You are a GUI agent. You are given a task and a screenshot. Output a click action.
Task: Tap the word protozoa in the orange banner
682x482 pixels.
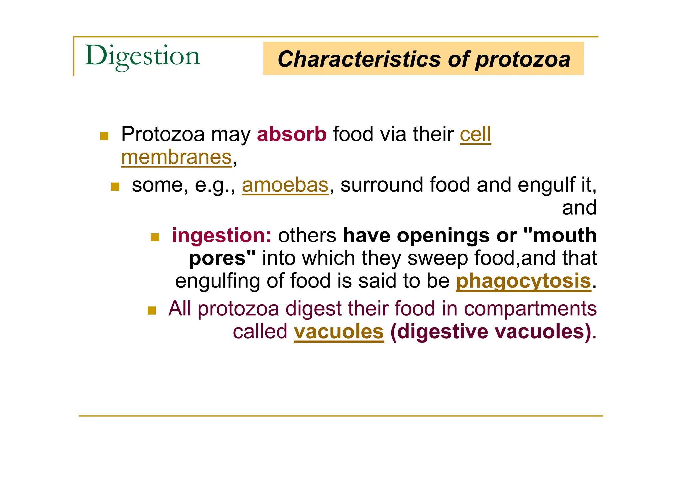522,59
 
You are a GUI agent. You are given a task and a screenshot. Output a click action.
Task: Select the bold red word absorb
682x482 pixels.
292,134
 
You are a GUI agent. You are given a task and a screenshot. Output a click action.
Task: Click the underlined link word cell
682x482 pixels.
475,134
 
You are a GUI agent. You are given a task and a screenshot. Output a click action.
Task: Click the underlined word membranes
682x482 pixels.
176,157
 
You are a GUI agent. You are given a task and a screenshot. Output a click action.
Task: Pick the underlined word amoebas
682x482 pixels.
285,185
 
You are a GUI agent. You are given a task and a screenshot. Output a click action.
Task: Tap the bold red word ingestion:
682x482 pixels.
221,235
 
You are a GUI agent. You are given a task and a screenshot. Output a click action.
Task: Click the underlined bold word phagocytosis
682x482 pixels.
523,281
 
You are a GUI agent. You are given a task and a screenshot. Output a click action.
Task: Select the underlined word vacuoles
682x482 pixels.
339,332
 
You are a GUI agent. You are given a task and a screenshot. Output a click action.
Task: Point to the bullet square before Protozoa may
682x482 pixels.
104,136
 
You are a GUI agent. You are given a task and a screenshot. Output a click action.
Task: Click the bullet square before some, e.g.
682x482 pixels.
115,187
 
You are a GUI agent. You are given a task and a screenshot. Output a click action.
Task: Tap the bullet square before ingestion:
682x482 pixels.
155,237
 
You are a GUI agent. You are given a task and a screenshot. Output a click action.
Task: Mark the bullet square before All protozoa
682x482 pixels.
152,311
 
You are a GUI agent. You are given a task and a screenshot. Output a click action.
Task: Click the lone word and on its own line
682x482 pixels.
579,208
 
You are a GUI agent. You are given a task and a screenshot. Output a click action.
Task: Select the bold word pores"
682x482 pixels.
222,258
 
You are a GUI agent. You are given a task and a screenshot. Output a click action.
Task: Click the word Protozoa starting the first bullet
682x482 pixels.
163,134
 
